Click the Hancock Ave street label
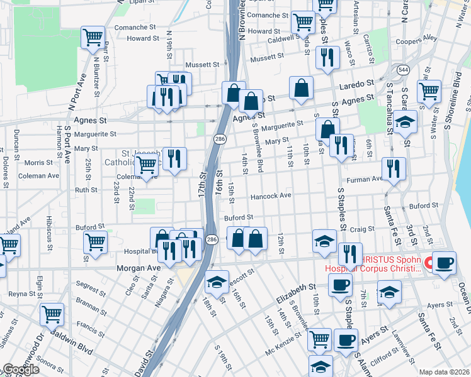click(271, 196)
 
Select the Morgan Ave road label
click(139, 268)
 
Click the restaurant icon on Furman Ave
click(394, 169)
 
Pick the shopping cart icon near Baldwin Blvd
click(52, 314)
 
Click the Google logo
click(20, 369)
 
